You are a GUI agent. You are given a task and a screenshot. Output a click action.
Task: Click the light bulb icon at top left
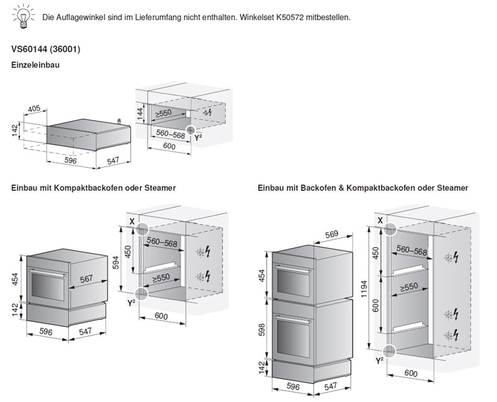(x=22, y=16)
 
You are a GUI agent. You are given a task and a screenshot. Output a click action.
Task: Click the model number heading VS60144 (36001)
(x=46, y=48)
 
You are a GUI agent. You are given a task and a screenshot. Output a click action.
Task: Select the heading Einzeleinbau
(x=36, y=64)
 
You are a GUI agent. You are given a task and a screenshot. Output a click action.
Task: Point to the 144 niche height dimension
(x=140, y=112)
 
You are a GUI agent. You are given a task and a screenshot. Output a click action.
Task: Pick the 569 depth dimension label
(x=332, y=234)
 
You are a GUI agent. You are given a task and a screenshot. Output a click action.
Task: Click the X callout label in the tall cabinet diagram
(x=380, y=221)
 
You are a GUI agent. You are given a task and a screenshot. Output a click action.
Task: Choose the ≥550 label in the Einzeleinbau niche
(x=163, y=113)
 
